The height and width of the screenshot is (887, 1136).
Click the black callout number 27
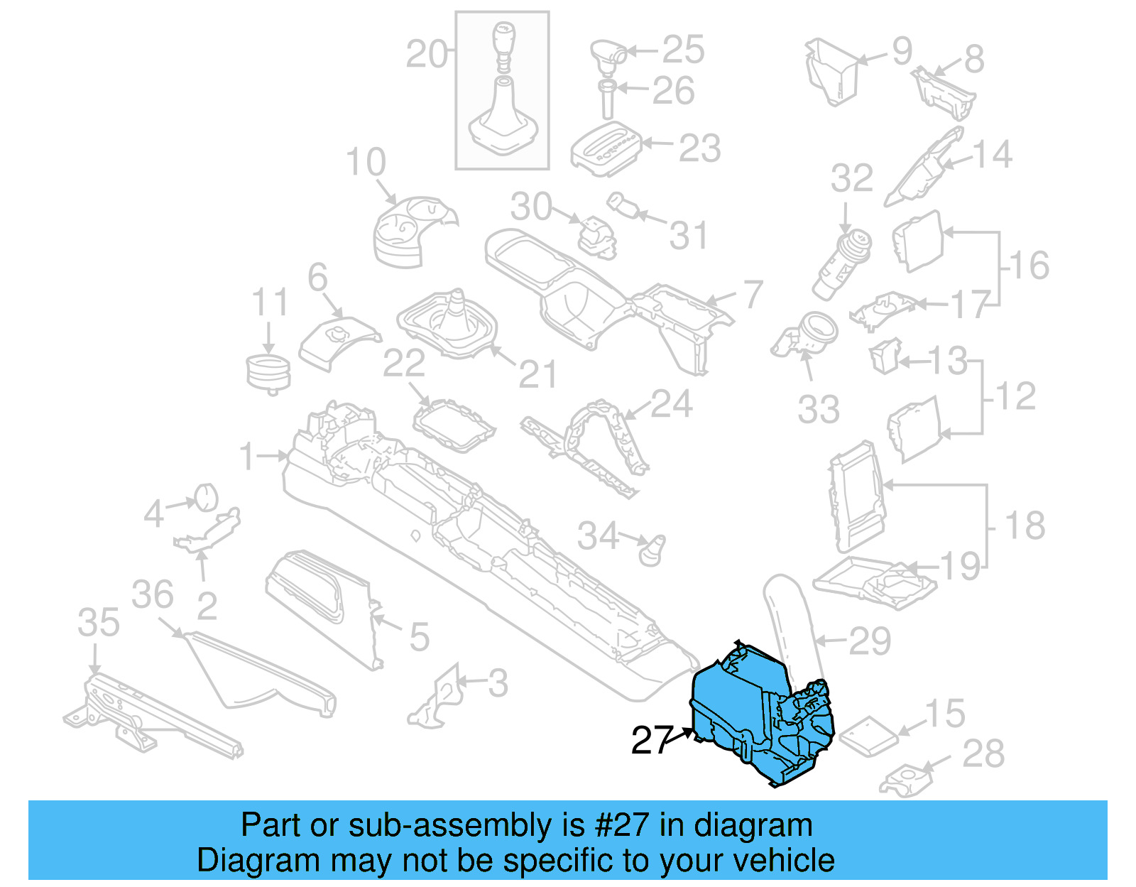[x=651, y=740]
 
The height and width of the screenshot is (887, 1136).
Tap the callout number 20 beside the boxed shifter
[x=427, y=54]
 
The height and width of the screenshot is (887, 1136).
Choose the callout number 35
[x=99, y=623]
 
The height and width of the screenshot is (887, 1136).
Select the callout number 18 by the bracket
[x=1025, y=526]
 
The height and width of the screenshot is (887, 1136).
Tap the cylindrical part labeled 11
[x=268, y=374]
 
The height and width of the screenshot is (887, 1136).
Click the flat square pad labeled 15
[x=868, y=733]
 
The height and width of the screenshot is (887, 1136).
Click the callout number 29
[x=870, y=641]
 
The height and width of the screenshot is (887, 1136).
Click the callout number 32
[x=851, y=178]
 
